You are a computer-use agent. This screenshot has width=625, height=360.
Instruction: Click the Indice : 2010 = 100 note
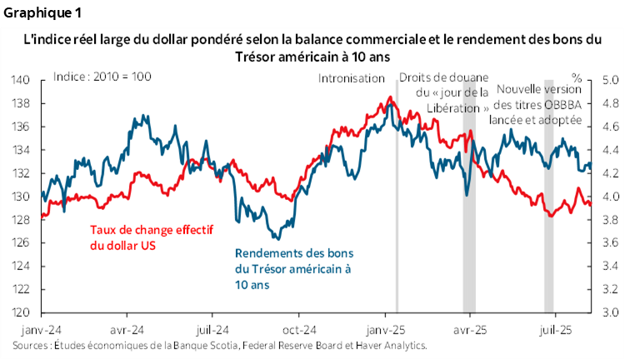(x=102, y=77)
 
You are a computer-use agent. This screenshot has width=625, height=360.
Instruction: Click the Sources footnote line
(x=220, y=344)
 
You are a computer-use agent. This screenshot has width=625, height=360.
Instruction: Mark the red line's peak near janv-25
(x=389, y=97)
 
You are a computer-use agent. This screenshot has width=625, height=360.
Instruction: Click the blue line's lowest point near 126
(x=277, y=239)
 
